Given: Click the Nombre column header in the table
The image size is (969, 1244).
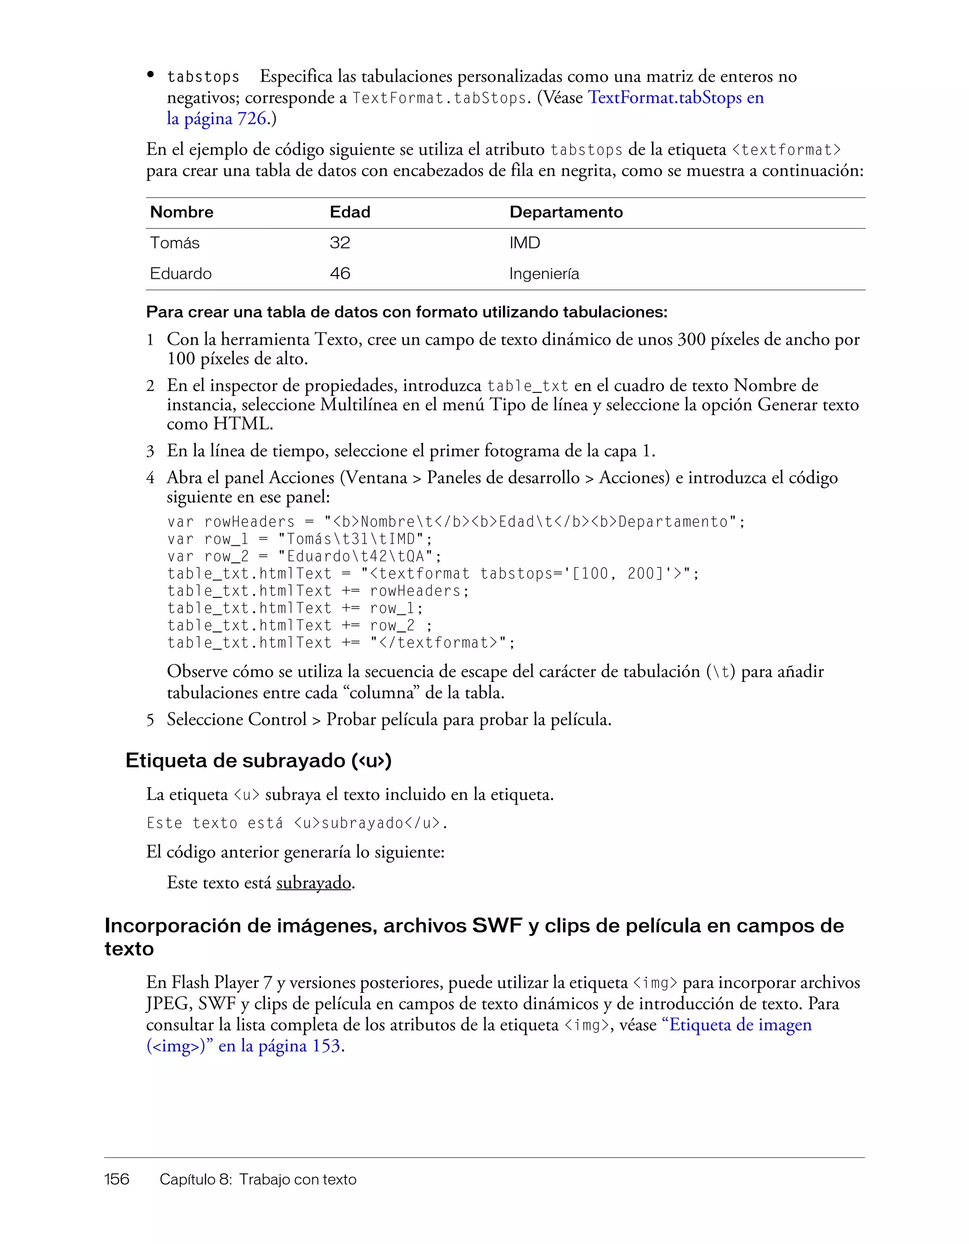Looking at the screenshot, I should click(x=182, y=213).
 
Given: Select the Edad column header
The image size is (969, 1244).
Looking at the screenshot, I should click(x=350, y=213).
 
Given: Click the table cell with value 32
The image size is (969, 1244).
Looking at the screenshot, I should click(x=340, y=243).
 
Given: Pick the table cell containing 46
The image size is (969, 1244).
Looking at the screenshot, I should click(x=340, y=274).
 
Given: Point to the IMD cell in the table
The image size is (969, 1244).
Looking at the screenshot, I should click(x=524, y=243).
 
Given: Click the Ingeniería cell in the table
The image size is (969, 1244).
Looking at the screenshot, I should click(x=544, y=274).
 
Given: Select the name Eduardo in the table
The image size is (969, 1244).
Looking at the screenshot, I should click(x=180, y=274).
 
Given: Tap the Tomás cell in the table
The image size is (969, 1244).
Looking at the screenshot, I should click(x=174, y=243).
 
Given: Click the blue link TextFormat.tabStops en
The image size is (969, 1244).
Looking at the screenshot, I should click(x=675, y=98).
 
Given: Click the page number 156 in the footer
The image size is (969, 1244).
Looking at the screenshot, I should click(x=117, y=1180).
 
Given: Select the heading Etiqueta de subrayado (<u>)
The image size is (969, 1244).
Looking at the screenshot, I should click(x=258, y=761).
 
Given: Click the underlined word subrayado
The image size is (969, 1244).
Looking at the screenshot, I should click(x=314, y=883).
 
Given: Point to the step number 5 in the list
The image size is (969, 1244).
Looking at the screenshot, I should click(x=150, y=720).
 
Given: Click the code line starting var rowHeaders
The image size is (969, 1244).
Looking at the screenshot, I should click(x=456, y=522).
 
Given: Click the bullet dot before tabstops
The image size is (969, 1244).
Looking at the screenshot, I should click(x=151, y=75).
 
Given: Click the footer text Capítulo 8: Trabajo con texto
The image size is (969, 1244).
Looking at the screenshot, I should click(x=258, y=1180).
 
